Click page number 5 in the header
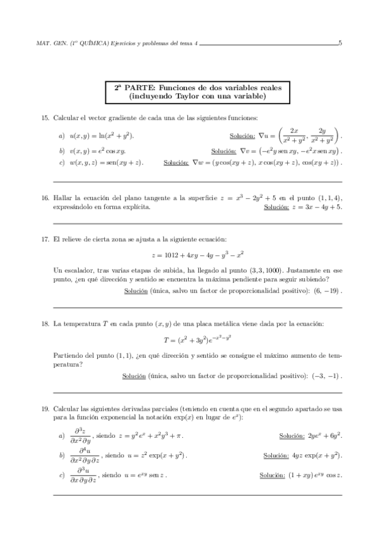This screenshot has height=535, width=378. [340, 44]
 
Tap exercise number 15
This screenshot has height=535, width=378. [45, 119]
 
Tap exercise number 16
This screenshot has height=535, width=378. [45, 197]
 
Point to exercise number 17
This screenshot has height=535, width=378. [45, 238]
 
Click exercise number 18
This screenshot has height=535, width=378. [45, 324]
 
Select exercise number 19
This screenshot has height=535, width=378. [45, 409]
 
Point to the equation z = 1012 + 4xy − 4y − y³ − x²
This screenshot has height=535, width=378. [189, 256]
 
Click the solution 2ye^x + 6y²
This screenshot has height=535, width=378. [324, 435]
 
